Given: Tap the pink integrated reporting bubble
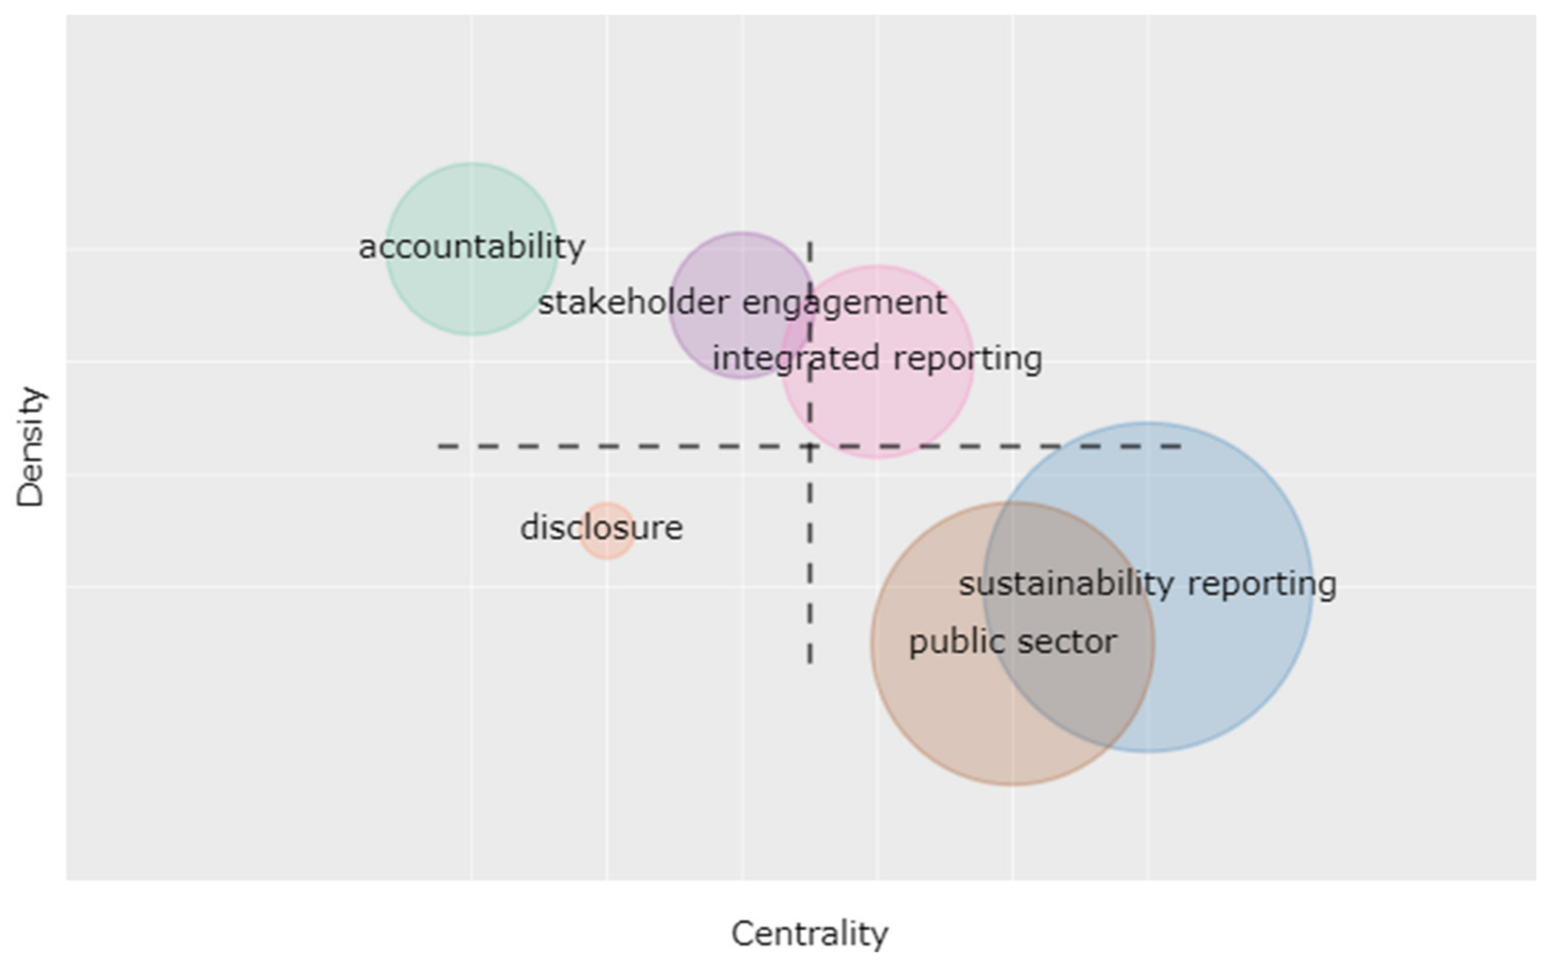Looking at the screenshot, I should click(x=896, y=409).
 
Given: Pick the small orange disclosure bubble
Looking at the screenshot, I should click(x=607, y=547).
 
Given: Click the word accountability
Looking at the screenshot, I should click(x=472, y=248).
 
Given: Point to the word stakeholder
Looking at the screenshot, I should click(x=633, y=303).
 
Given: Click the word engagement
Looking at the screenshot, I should click(x=844, y=303).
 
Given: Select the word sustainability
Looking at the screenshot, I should click(x=1066, y=584).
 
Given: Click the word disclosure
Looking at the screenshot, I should click(x=602, y=528).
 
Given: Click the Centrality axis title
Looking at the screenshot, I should click(x=810, y=935).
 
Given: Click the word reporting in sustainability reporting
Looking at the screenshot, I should click(x=1262, y=584).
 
